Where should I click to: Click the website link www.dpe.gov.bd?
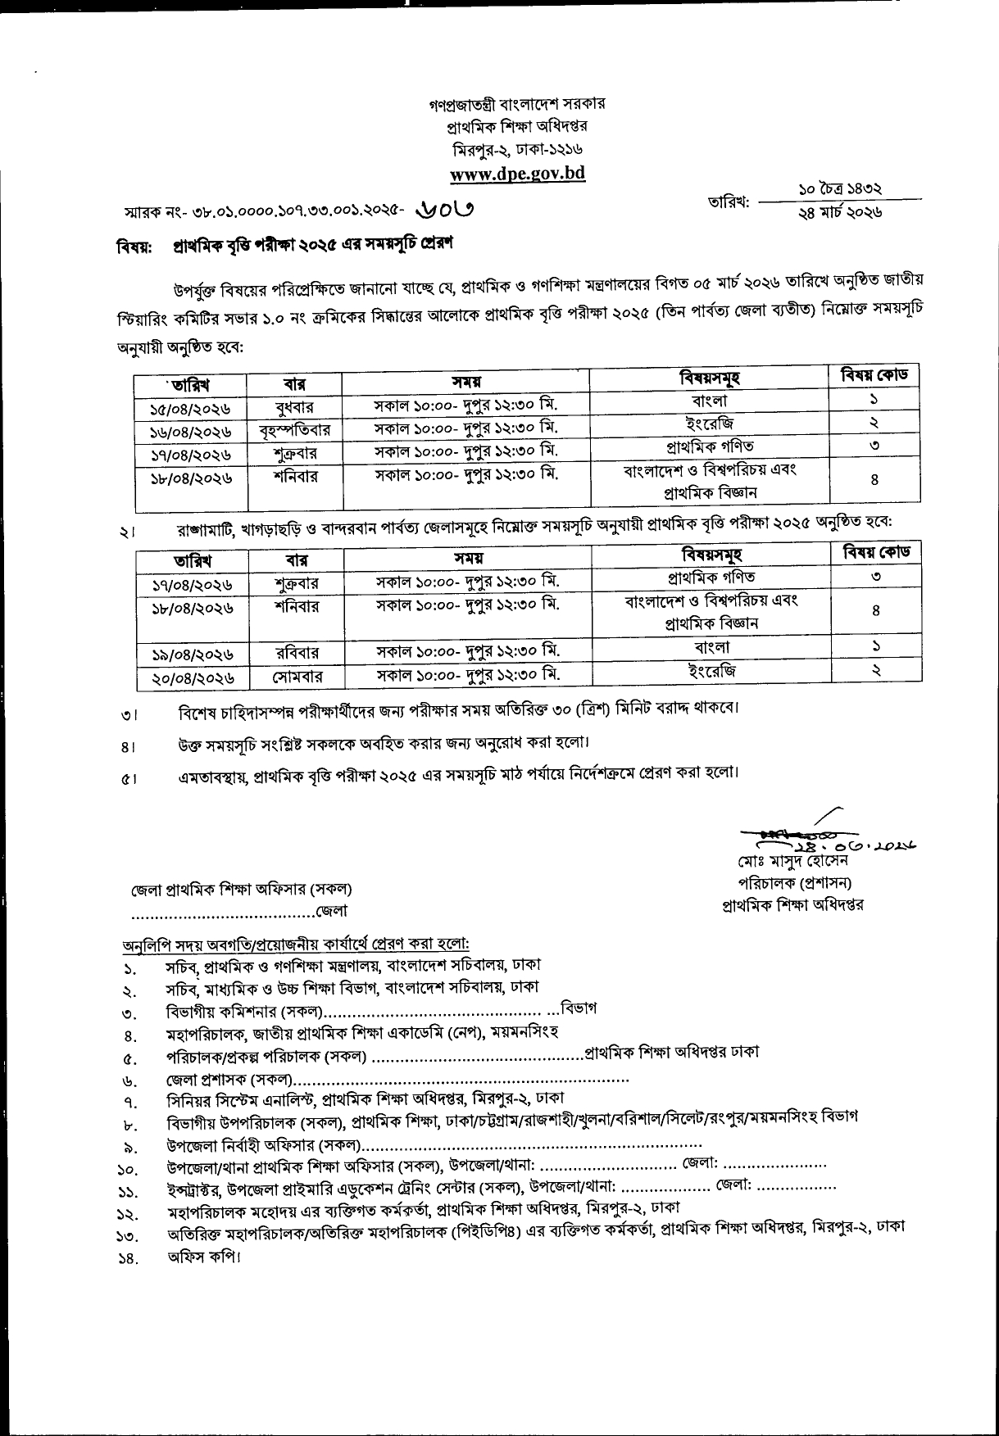pos(517,174)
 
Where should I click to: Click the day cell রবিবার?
pos(296,654)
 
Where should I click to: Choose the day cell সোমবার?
pos(296,677)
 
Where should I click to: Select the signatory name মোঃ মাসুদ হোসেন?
pos(792,862)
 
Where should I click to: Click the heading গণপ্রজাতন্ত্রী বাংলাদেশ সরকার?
pos(517,106)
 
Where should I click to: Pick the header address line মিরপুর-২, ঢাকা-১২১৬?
pos(517,150)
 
